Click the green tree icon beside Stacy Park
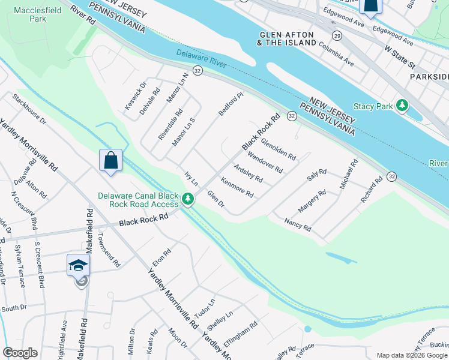(x=403, y=106)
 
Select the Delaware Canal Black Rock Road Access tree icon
(x=188, y=199)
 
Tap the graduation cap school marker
(x=78, y=265)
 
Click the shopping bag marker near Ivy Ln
(x=110, y=161)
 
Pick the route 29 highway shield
(x=337, y=37)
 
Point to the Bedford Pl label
(x=231, y=104)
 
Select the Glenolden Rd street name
(x=279, y=149)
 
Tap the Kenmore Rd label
(x=237, y=188)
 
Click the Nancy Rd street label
(x=298, y=224)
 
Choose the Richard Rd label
(x=371, y=189)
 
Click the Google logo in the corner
(x=20, y=353)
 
